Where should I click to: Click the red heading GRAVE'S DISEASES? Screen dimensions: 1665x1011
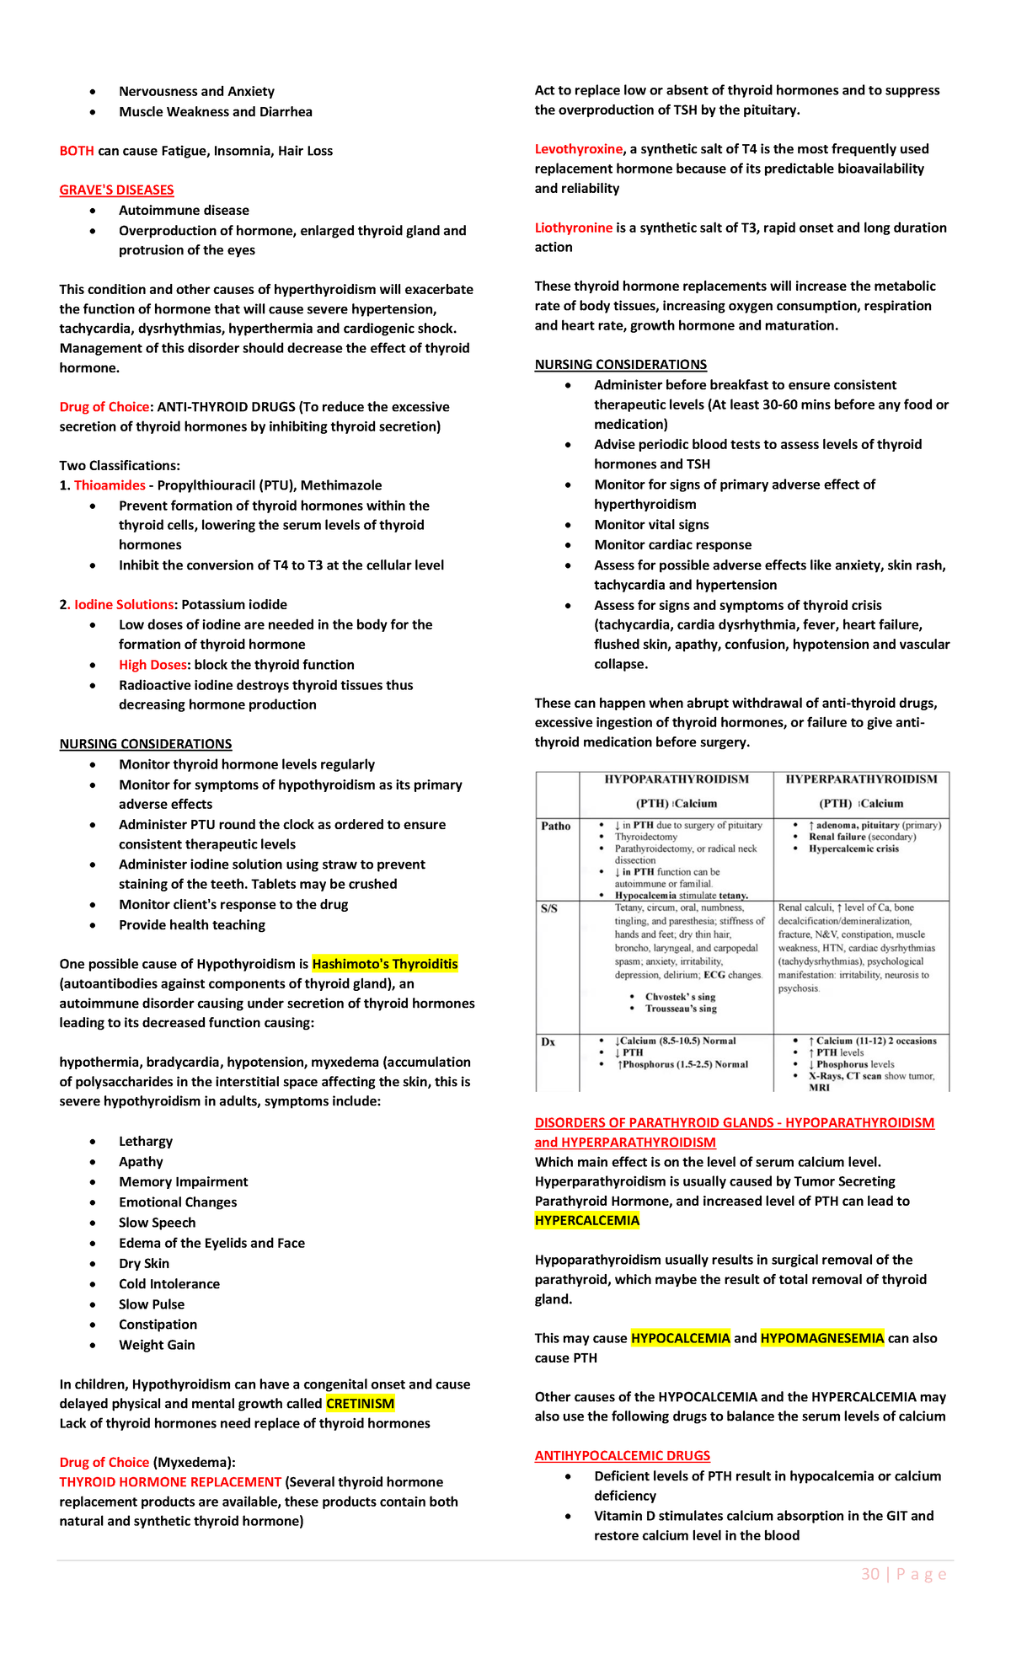(116, 190)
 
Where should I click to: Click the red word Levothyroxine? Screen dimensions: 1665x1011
(578, 149)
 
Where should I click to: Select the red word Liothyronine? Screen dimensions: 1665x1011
(573, 228)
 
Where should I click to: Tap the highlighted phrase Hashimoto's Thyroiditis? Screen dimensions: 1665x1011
(384, 964)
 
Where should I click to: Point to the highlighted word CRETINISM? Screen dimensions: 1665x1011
(360, 1404)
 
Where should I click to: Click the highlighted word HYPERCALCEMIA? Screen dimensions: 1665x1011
(586, 1221)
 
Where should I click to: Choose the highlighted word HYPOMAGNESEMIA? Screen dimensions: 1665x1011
(821, 1338)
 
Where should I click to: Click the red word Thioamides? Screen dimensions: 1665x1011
(110, 485)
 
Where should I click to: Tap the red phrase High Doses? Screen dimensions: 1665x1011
(152, 665)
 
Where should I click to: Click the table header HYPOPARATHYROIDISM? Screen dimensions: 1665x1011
(677, 779)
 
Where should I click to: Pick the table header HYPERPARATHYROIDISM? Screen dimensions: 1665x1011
(861, 779)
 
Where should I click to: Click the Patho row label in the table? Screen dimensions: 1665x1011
(555, 827)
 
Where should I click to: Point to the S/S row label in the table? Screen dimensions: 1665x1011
(548, 909)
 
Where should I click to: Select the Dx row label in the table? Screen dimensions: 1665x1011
(548, 1042)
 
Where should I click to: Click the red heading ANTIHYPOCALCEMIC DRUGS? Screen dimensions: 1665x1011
(622, 1456)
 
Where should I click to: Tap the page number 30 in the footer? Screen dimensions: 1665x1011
(870, 1574)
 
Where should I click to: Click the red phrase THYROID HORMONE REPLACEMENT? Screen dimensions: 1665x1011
(170, 1482)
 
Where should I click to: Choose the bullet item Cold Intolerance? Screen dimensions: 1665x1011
(168, 1284)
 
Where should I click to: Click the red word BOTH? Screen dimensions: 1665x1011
(77, 151)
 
